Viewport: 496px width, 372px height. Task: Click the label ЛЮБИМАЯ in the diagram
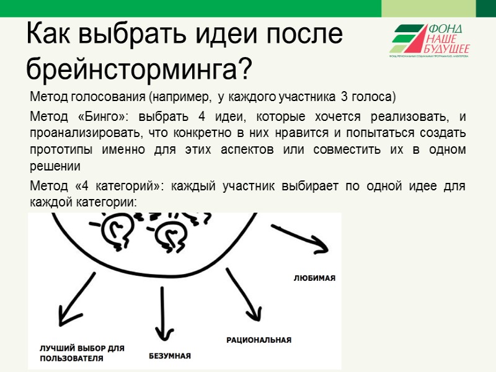click(x=314, y=278)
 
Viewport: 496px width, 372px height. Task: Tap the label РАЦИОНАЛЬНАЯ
click(x=259, y=340)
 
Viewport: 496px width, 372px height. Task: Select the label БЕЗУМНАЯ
click(x=169, y=356)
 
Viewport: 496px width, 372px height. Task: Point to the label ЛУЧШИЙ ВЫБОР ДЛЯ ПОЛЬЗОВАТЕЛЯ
click(x=82, y=353)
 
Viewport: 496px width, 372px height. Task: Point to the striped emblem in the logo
click(x=409, y=39)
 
